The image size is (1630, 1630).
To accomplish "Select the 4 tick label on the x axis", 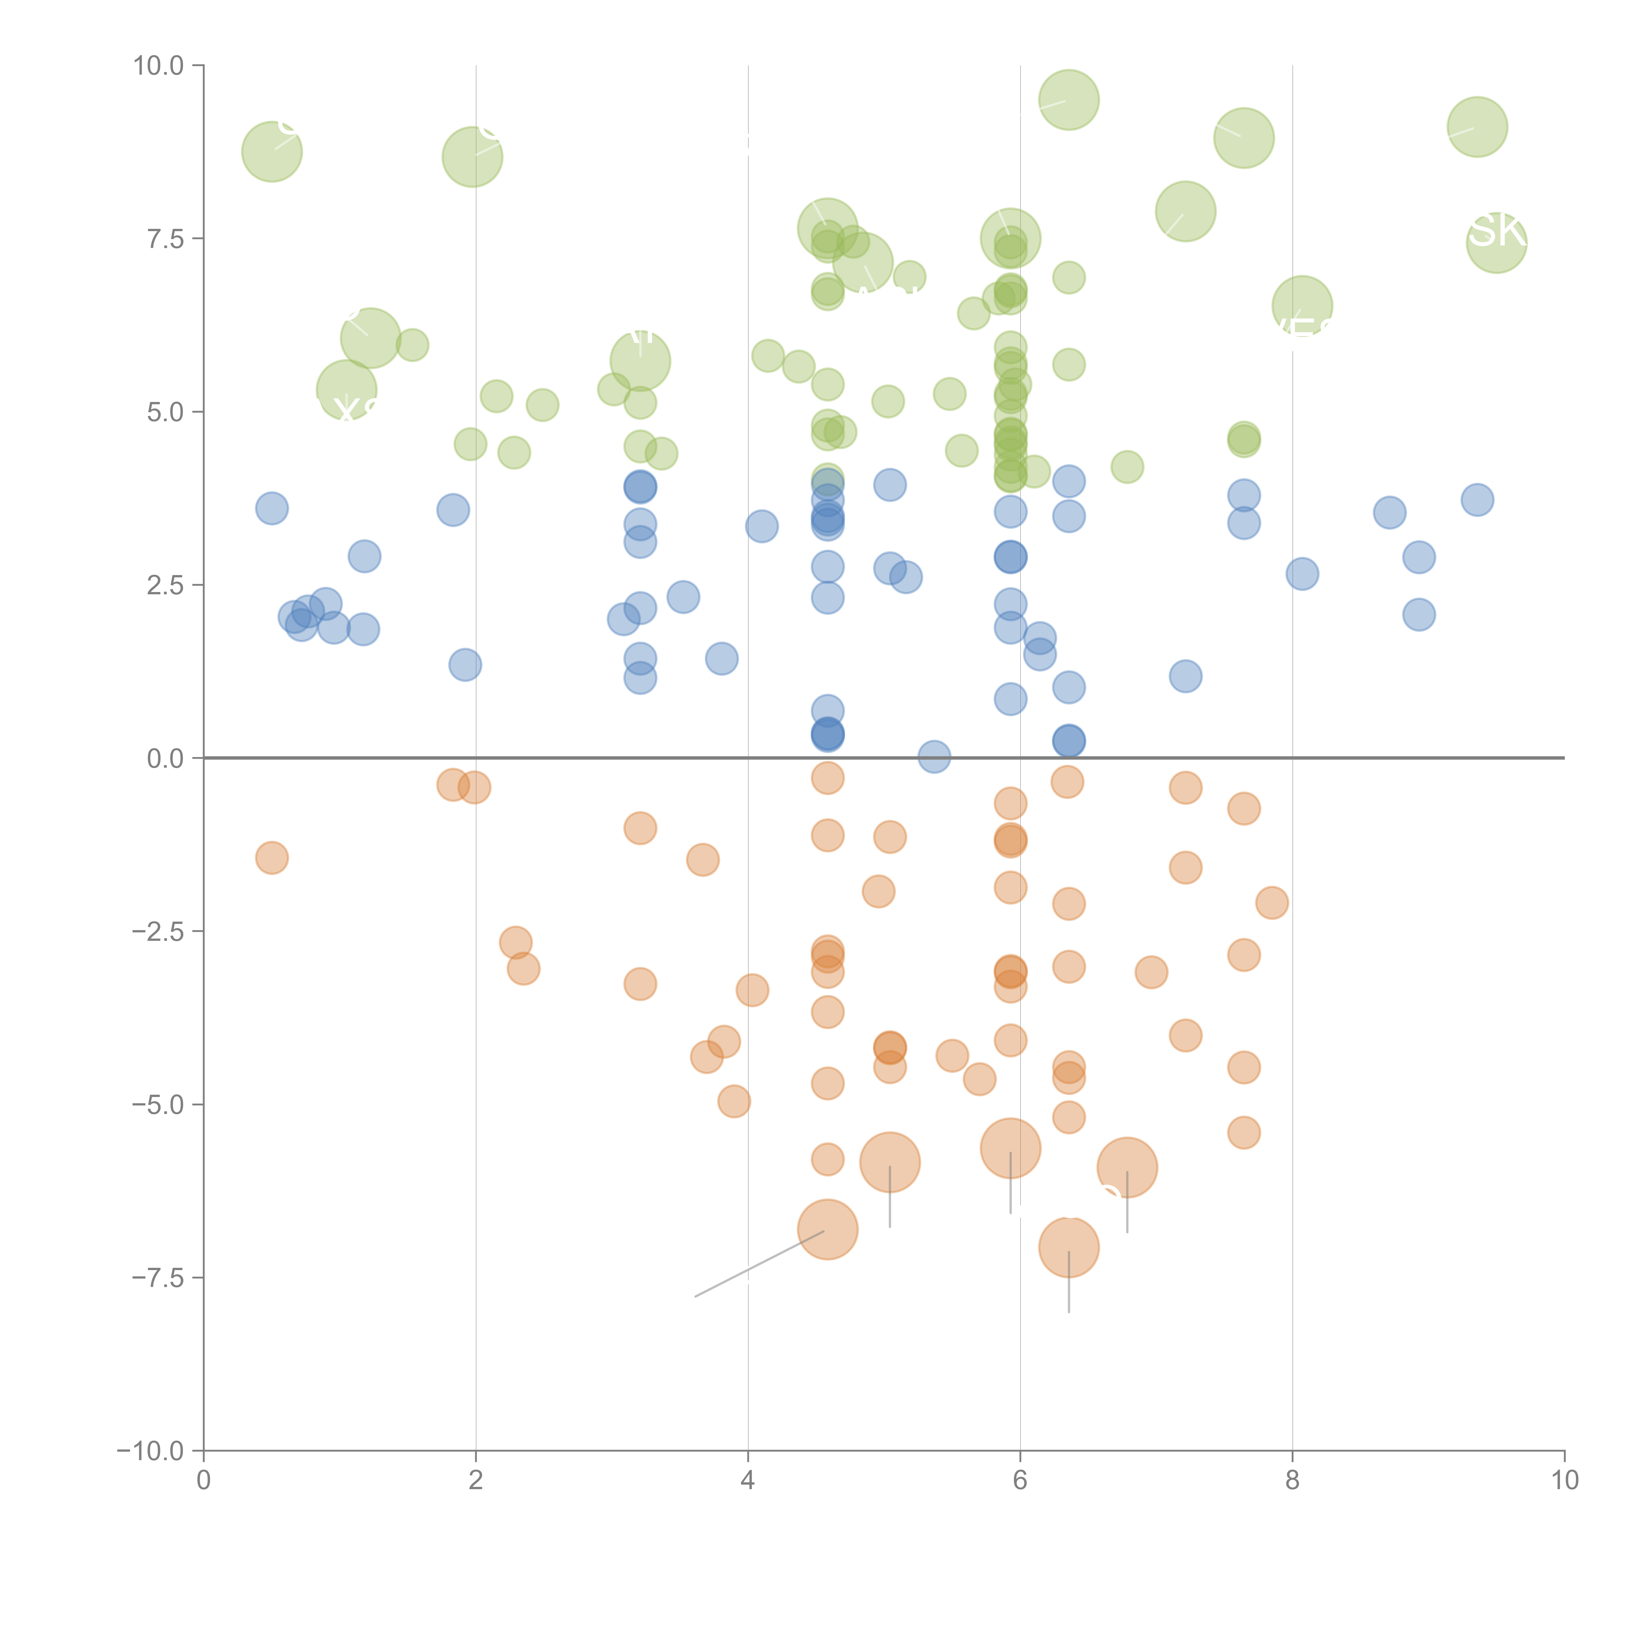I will click(x=748, y=1481).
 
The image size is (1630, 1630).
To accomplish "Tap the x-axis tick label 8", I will click(x=1293, y=1481).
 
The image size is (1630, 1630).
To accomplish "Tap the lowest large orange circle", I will click(x=1069, y=1247).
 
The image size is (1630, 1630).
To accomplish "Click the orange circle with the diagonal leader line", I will click(x=828, y=1229).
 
